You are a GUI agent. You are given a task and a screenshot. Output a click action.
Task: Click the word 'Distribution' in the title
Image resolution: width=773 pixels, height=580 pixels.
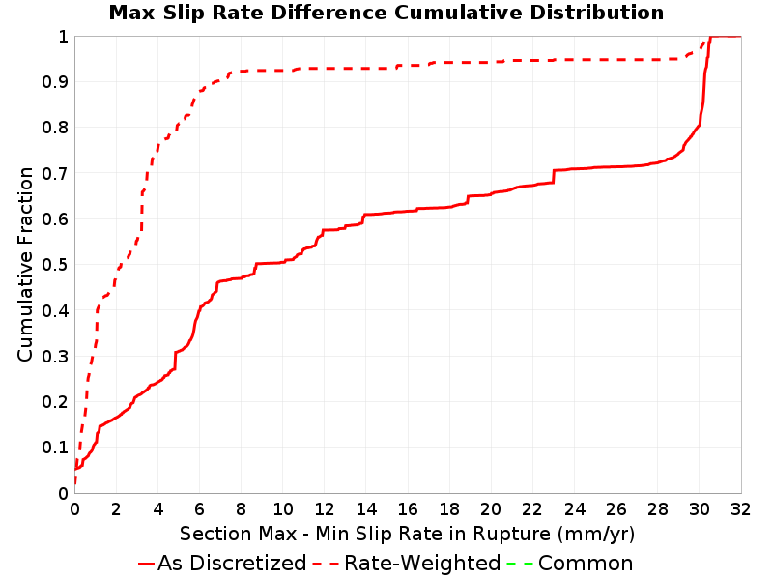(596, 13)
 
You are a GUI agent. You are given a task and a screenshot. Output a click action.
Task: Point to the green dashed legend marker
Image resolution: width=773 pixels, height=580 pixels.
(520, 564)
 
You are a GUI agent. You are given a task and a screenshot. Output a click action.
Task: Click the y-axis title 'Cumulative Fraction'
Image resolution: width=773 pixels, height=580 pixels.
(25, 264)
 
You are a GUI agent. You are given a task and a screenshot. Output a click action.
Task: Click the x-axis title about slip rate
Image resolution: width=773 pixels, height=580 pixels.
(407, 534)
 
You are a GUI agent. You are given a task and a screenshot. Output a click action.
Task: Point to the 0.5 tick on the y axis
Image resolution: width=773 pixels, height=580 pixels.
(55, 265)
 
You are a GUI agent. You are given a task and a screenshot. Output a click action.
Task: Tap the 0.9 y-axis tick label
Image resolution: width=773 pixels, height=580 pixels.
(55, 82)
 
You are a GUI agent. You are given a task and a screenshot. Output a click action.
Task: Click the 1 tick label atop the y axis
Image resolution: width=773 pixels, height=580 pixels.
(63, 37)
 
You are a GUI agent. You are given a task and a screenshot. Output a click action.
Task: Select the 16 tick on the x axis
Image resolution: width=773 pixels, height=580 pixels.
(408, 509)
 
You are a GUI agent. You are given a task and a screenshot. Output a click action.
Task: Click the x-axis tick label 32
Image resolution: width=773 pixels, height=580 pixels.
(740, 509)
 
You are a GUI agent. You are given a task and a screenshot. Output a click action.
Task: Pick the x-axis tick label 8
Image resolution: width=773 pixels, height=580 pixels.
(241, 509)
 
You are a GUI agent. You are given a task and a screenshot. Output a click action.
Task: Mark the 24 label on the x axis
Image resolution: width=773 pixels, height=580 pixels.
(574, 509)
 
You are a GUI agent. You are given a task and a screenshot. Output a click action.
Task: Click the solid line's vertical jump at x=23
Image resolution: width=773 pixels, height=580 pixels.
(554, 177)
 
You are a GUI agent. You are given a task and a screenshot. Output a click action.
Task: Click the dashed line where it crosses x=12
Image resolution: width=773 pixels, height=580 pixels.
(325, 68)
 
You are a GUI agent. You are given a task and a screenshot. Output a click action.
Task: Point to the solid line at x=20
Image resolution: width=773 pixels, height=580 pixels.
(491, 194)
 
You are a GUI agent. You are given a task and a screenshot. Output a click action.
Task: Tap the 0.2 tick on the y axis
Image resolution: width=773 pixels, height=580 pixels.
(55, 402)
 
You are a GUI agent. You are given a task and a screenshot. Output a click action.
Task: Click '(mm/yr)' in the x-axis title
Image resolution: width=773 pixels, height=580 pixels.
(596, 535)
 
